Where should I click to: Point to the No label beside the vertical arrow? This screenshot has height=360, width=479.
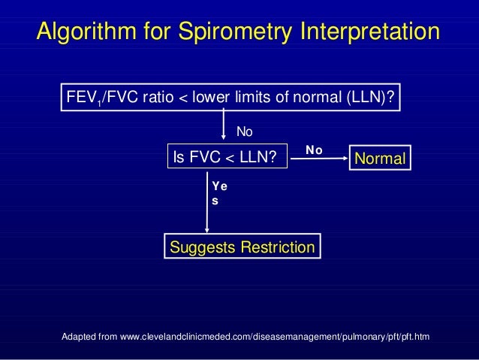pos(246,132)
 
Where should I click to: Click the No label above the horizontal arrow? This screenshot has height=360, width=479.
pos(314,150)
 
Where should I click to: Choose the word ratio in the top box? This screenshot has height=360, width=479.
pos(155,98)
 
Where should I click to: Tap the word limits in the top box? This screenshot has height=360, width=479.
pos(243,98)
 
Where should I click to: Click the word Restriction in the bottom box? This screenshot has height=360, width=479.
pos(275,247)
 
